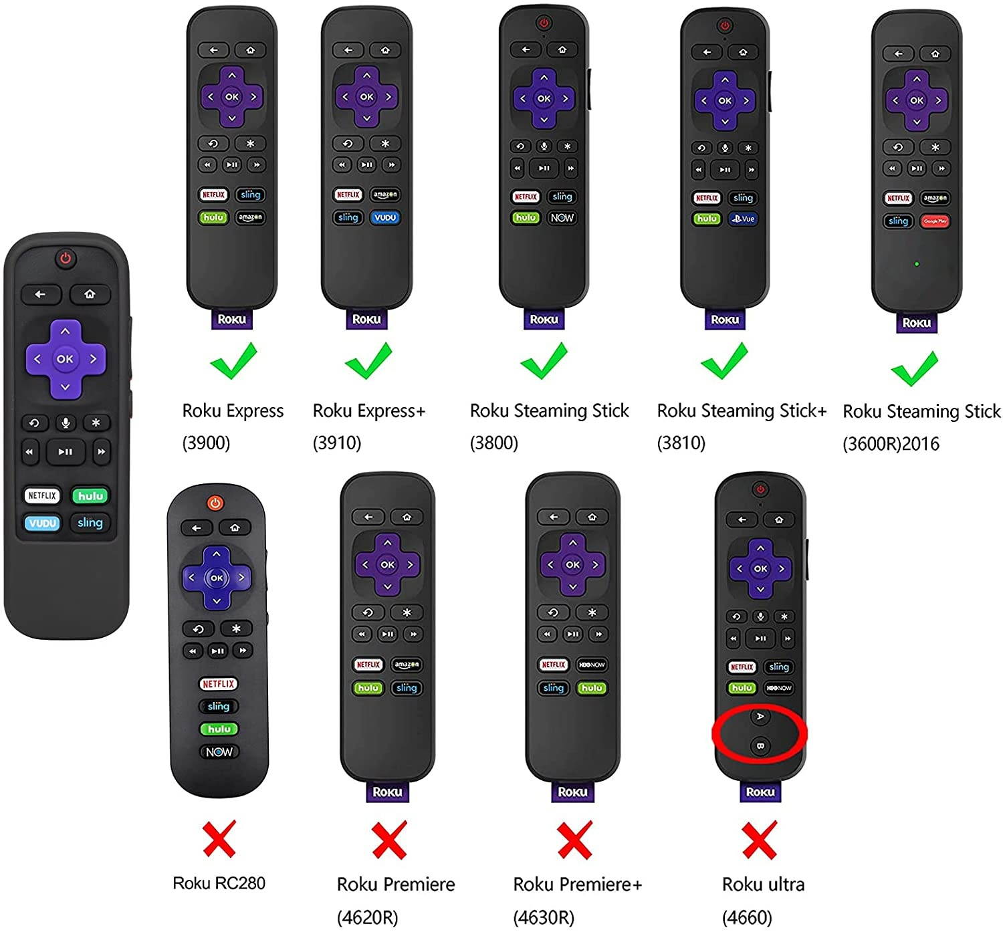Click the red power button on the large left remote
coord(65,258)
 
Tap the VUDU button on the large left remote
coord(42,523)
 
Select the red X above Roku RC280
coord(219,839)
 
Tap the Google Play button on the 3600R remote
coord(935,221)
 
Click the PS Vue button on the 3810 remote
coord(744,219)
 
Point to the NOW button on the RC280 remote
coord(219,752)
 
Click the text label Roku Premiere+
coord(577,885)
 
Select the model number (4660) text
coord(747,917)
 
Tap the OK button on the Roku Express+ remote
coord(366,97)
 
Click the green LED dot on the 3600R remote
coord(916,264)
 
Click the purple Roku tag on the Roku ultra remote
coord(760,792)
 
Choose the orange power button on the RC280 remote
coord(215,503)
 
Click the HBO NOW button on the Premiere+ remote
coord(592,665)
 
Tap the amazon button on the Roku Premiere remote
coord(407,665)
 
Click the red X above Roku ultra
coord(760,840)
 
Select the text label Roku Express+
coord(368,411)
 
